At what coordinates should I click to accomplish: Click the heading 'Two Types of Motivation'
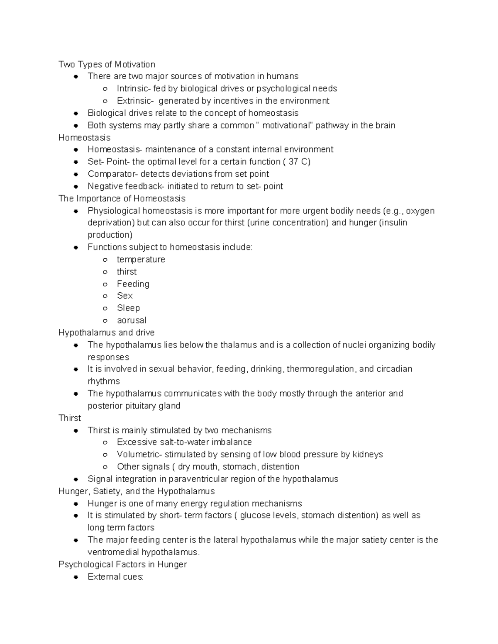click(107, 64)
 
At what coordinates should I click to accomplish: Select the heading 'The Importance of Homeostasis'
click(122, 198)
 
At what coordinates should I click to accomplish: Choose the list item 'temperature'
click(141, 260)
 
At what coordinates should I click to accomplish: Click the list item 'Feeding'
click(133, 284)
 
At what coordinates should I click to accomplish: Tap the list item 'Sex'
click(124, 296)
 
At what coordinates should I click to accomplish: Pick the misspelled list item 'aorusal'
click(132, 320)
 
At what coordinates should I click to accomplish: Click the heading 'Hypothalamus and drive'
click(106, 333)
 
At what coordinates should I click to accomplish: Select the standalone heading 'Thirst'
click(70, 418)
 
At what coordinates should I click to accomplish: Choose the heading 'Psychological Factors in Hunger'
click(122, 564)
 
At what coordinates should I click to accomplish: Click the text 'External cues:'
click(115, 577)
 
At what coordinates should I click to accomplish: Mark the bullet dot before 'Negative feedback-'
click(76, 187)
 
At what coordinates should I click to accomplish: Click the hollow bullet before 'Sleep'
click(105, 309)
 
